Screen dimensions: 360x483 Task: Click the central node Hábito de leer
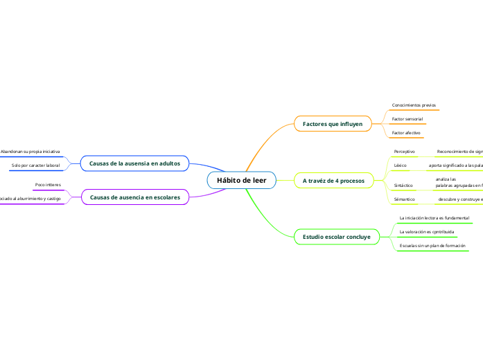pos(241,180)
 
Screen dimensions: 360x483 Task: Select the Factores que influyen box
pos(333,124)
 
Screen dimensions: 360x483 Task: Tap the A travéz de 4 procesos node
pos(334,180)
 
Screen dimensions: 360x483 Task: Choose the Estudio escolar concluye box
pos(336,237)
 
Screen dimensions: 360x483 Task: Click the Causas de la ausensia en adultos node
pos(134,163)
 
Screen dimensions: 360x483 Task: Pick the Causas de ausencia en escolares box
pos(134,197)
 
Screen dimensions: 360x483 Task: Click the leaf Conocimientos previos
pos(414,105)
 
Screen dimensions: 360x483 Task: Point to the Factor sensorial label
pos(407,119)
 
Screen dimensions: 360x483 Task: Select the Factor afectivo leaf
pos(406,132)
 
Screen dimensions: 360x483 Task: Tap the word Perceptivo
pos(404,151)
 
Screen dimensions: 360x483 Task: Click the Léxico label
pos(400,166)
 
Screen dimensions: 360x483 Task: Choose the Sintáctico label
pos(403,186)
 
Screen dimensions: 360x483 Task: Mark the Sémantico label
pos(404,199)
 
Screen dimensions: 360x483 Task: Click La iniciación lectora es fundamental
pos(434,218)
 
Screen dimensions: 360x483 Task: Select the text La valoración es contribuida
pos(427,231)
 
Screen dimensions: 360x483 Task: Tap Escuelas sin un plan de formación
pos(432,246)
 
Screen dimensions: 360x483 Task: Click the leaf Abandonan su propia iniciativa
pos(30,151)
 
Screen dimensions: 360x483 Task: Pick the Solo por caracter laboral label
pos(36,165)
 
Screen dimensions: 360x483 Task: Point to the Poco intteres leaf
pos(48,186)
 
